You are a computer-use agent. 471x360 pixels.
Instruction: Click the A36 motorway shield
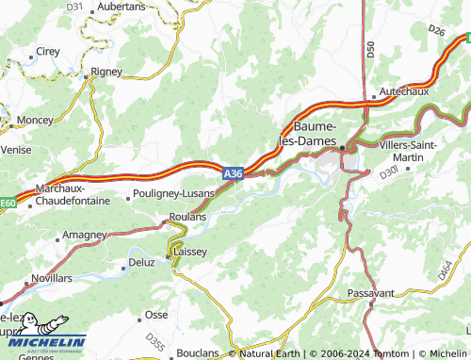pyautogui.click(x=234, y=174)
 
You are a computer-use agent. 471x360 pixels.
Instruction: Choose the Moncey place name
pyautogui.click(x=35, y=120)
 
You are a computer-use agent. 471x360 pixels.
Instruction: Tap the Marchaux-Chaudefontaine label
pyautogui.click(x=66, y=193)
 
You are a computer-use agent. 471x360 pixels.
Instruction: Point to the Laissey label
pyautogui.click(x=188, y=252)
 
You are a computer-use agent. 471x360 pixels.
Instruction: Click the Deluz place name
pyautogui.click(x=141, y=262)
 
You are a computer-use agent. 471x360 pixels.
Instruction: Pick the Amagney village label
pyautogui.click(x=85, y=233)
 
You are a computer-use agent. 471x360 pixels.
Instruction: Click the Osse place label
pyautogui.click(x=156, y=315)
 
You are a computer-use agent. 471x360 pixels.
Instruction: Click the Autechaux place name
pyautogui.click(x=403, y=92)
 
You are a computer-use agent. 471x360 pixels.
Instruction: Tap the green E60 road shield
pyautogui.click(x=8, y=202)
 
